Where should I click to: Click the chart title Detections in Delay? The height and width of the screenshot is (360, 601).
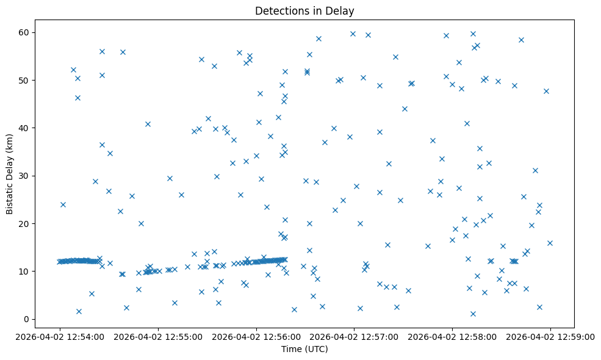coord(304,11)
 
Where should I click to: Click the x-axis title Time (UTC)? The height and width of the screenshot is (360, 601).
coord(304,350)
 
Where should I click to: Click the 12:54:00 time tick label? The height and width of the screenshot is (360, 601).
coord(59,336)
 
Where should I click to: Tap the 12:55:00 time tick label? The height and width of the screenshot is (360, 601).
coord(157,336)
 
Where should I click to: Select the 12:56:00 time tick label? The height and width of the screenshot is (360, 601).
coord(256,336)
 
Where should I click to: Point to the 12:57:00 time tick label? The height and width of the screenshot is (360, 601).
coord(354,336)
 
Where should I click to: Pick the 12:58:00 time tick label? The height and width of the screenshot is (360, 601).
coord(452,336)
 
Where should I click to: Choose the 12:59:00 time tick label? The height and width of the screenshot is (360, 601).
coord(550,336)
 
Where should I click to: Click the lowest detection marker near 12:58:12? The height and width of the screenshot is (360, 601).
coord(473,314)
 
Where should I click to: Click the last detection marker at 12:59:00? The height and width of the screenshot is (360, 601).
coord(550,243)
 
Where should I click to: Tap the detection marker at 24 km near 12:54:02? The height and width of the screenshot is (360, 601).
coord(63,204)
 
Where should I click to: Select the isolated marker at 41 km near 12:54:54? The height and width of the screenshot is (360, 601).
coord(148,124)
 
